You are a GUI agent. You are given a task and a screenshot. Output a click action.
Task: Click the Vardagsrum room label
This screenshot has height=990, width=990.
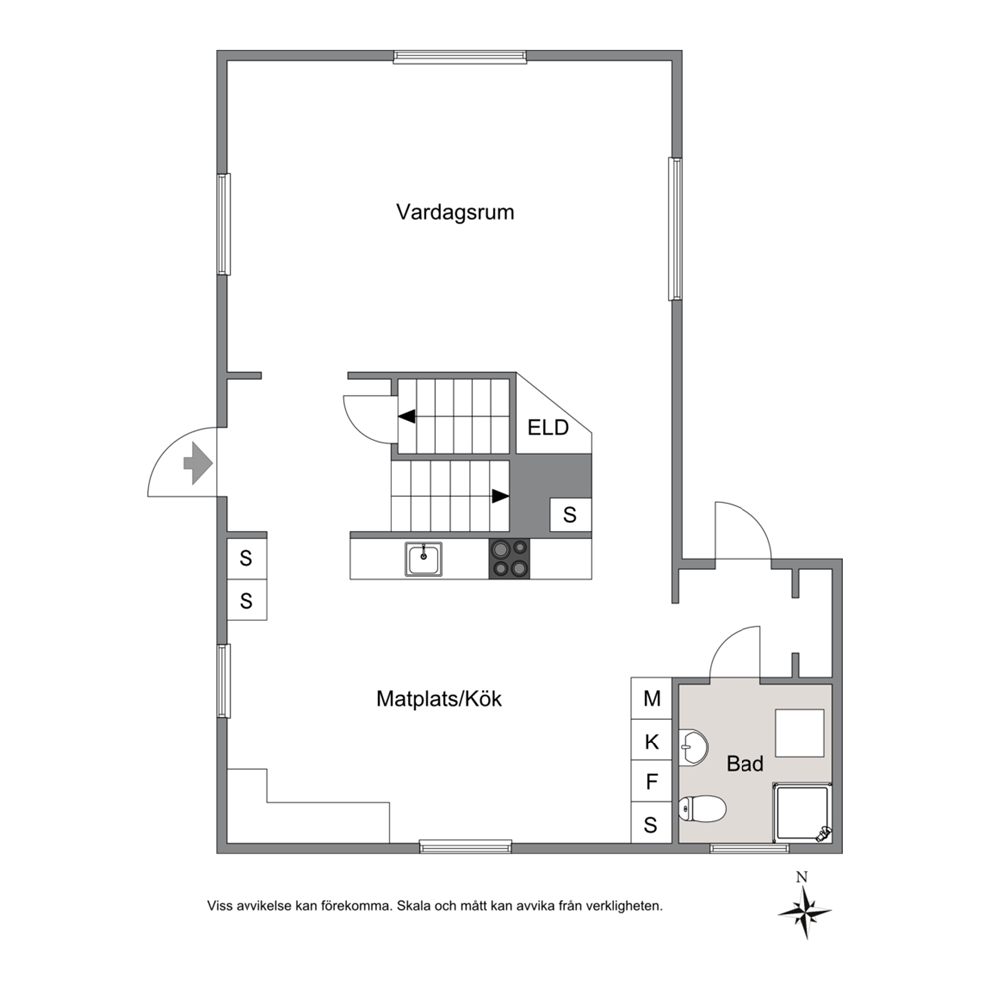click(455, 213)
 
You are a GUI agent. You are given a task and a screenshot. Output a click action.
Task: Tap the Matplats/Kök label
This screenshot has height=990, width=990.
click(439, 699)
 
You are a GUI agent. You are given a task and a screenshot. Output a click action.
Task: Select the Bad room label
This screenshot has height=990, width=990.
click(745, 764)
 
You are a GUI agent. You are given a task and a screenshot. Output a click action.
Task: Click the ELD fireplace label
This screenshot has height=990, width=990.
click(548, 428)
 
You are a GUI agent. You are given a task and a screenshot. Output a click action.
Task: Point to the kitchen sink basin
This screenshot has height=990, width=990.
click(424, 559)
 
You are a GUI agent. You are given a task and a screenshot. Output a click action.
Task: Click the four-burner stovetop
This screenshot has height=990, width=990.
click(510, 558)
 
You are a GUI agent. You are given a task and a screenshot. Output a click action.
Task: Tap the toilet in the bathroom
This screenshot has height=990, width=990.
click(702, 809)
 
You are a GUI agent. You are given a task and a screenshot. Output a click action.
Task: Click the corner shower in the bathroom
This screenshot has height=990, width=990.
click(803, 813)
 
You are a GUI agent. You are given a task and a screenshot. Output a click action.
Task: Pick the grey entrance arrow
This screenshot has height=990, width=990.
click(198, 463)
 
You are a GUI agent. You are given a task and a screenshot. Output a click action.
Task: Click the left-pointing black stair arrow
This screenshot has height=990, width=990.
click(406, 417)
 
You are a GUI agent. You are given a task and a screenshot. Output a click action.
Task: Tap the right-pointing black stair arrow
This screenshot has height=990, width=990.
click(501, 496)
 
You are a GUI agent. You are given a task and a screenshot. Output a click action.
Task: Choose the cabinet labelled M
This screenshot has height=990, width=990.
click(651, 699)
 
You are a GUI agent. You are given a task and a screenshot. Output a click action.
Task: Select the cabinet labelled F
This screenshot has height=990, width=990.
click(651, 781)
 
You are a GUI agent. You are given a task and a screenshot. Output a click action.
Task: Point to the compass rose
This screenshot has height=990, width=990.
click(805, 910)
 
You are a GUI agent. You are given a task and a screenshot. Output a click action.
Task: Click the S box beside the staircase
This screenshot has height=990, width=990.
click(570, 515)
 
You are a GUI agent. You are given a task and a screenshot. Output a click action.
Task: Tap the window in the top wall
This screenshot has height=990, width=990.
click(460, 58)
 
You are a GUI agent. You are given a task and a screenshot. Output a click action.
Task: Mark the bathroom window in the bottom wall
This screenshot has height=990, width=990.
click(749, 848)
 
